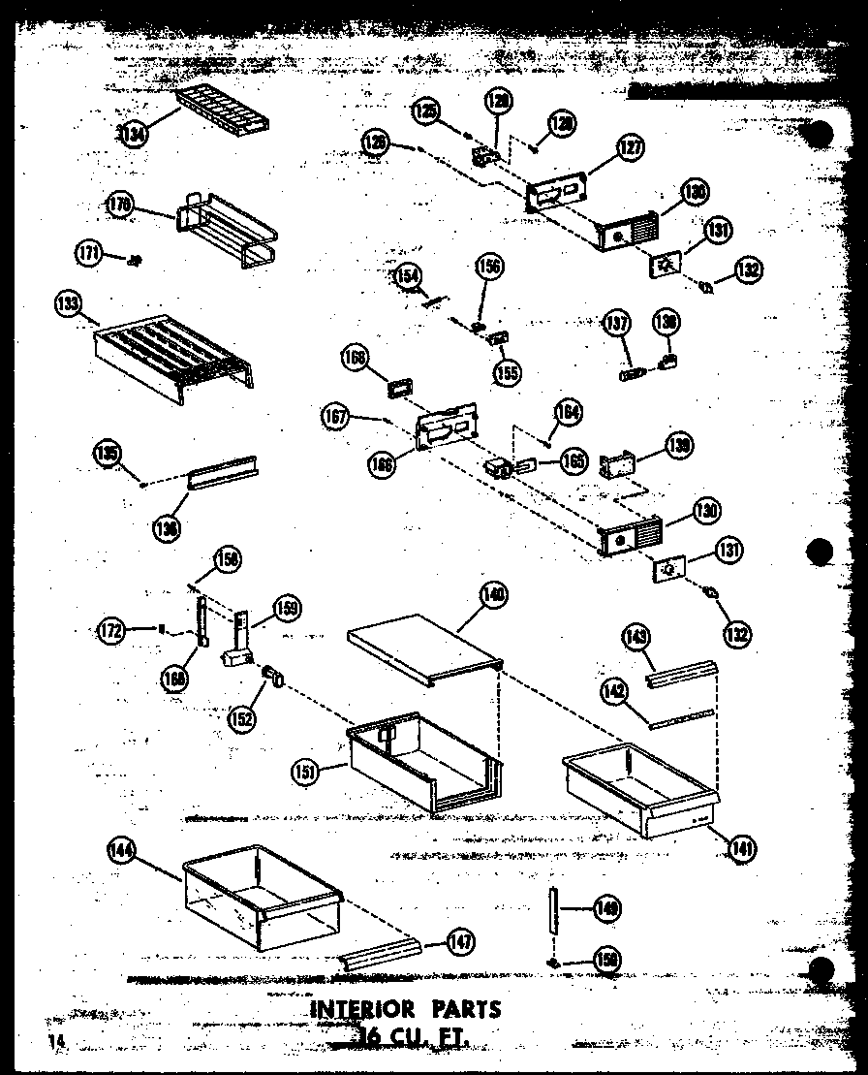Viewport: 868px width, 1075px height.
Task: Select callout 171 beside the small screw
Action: (x=89, y=254)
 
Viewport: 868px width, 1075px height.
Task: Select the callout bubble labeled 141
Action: (x=742, y=849)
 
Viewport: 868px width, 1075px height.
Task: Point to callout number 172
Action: (x=112, y=630)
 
